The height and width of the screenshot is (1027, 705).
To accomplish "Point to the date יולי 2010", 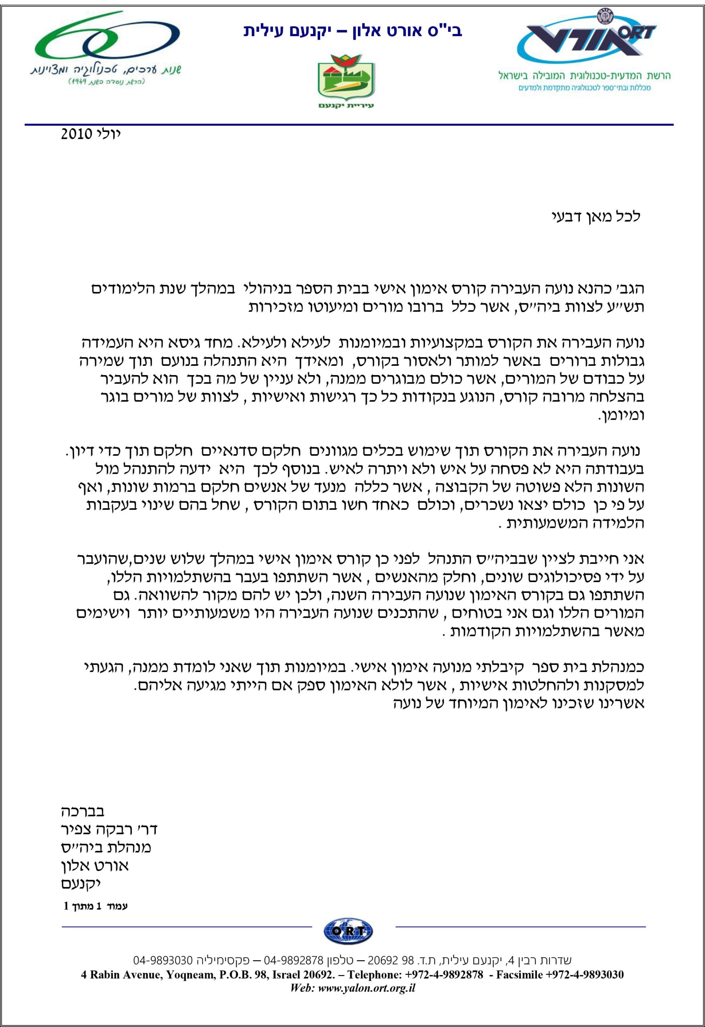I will point(91,134).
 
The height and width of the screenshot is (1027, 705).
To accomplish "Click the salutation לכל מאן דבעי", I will point(597,217).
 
